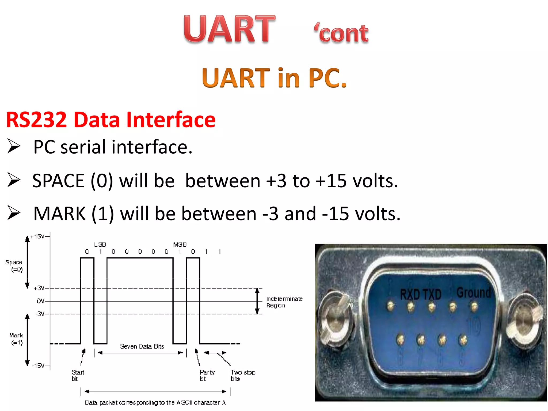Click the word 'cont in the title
click(341, 33)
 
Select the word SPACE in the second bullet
click(58, 181)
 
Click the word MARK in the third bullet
click(59, 214)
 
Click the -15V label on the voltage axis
click(39, 366)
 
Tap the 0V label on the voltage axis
click(40, 301)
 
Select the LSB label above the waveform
click(100, 245)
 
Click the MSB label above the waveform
click(180, 245)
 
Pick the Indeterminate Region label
click(284, 302)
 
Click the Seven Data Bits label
click(142, 347)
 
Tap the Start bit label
click(78, 375)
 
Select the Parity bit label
click(207, 375)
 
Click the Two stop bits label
click(243, 375)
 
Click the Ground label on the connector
click(474, 292)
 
